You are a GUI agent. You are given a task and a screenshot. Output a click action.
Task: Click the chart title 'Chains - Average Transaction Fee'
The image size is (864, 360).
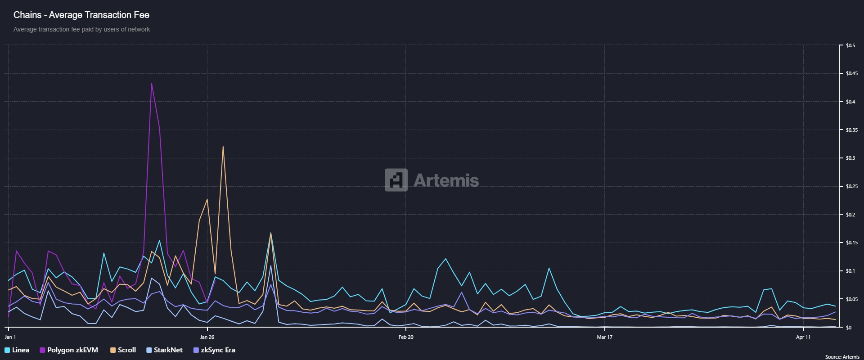[81, 15]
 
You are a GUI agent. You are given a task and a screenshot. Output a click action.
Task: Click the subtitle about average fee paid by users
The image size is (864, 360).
[81, 29]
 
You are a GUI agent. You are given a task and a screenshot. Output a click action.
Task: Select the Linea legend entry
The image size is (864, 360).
[17, 350]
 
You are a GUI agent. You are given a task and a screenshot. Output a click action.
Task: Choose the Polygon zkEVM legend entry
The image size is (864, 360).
[69, 350]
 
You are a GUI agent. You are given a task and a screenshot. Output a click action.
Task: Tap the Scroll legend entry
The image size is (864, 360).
[123, 350]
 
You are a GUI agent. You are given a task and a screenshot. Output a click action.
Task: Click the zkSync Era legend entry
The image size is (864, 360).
[214, 350]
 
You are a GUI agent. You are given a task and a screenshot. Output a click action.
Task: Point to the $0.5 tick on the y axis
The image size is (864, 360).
[850, 45]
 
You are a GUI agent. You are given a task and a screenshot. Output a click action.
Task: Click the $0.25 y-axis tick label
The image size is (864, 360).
[851, 186]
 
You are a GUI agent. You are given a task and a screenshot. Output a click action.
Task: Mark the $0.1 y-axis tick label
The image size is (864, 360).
[850, 271]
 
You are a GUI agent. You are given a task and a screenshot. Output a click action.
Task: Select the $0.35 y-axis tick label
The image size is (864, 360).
[851, 130]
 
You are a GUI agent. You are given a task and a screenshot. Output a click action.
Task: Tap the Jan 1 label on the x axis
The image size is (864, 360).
[10, 337]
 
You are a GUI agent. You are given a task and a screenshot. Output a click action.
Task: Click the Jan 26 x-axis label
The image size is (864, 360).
[207, 337]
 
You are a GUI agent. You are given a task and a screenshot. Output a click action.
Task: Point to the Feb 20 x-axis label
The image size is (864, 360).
[406, 337]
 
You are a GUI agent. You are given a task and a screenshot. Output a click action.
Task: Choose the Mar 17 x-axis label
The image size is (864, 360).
[604, 337]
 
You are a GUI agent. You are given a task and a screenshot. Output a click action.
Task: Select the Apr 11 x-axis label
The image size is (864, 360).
[803, 337]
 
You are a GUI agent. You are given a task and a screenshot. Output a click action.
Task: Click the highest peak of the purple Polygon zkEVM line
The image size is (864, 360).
[152, 83]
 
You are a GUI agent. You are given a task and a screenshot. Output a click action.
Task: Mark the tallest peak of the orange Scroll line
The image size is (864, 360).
[223, 147]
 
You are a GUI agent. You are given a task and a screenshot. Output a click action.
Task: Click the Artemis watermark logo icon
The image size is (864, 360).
[396, 180]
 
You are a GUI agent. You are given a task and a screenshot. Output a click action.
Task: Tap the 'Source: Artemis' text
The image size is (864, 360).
[842, 357]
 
